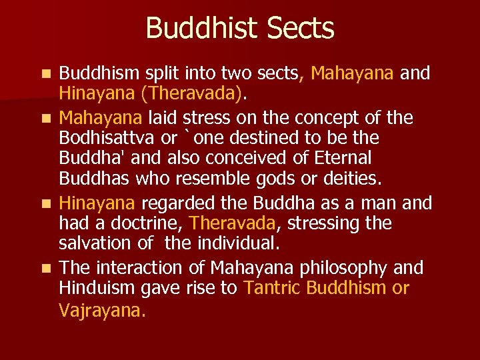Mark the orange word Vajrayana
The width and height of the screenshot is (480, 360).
point(100,311)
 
